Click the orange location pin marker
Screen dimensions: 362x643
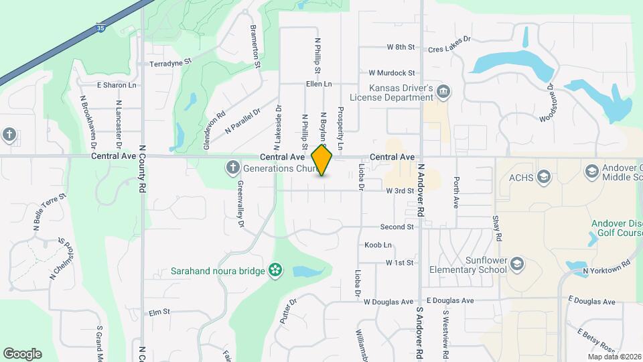[322, 160]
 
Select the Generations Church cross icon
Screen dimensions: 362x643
[232, 168]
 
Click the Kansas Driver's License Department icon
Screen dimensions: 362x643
[443, 91]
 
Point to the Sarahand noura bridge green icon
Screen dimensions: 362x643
[275, 270]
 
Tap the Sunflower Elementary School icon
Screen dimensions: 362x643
[516, 265]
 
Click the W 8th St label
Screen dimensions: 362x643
[401, 48]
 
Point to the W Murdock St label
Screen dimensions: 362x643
[392, 72]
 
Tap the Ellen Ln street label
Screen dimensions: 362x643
[319, 84]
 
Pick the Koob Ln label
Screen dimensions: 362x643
[378, 245]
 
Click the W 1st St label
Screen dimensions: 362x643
[399, 263]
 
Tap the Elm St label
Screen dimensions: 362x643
[160, 312]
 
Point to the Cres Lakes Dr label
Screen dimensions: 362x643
[450, 48]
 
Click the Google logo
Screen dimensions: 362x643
[22, 354]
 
